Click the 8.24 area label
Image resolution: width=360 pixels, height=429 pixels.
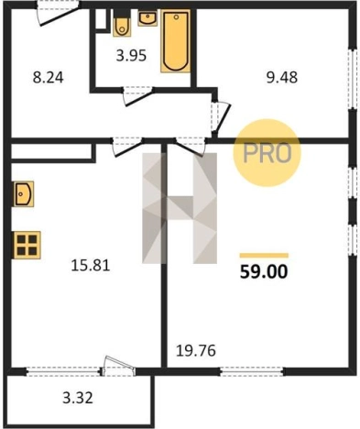(x=49, y=78)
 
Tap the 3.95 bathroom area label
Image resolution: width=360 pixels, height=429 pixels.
(x=131, y=56)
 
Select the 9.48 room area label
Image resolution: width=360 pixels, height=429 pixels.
(x=282, y=78)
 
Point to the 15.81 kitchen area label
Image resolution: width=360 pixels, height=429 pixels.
(x=91, y=265)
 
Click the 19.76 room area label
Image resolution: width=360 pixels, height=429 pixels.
(x=196, y=351)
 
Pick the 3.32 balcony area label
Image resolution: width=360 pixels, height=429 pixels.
(x=78, y=398)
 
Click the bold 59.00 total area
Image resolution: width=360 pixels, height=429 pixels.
(x=264, y=271)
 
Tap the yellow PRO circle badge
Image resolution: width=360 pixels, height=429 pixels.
(x=267, y=153)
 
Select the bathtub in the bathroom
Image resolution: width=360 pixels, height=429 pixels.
(x=176, y=41)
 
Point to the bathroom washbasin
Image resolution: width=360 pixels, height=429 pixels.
(x=147, y=18)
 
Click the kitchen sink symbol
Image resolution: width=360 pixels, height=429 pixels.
(x=23, y=193)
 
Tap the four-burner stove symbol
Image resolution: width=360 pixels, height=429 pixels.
(x=27, y=245)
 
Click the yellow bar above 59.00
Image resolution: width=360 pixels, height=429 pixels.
(x=264, y=256)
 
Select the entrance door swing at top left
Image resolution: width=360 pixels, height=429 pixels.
(x=59, y=14)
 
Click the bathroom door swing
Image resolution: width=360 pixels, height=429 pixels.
(x=138, y=96)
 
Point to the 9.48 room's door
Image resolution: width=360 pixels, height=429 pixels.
(x=221, y=115)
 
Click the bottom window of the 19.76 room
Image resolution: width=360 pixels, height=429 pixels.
(x=252, y=371)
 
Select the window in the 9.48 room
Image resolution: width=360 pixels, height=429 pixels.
(x=353, y=79)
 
